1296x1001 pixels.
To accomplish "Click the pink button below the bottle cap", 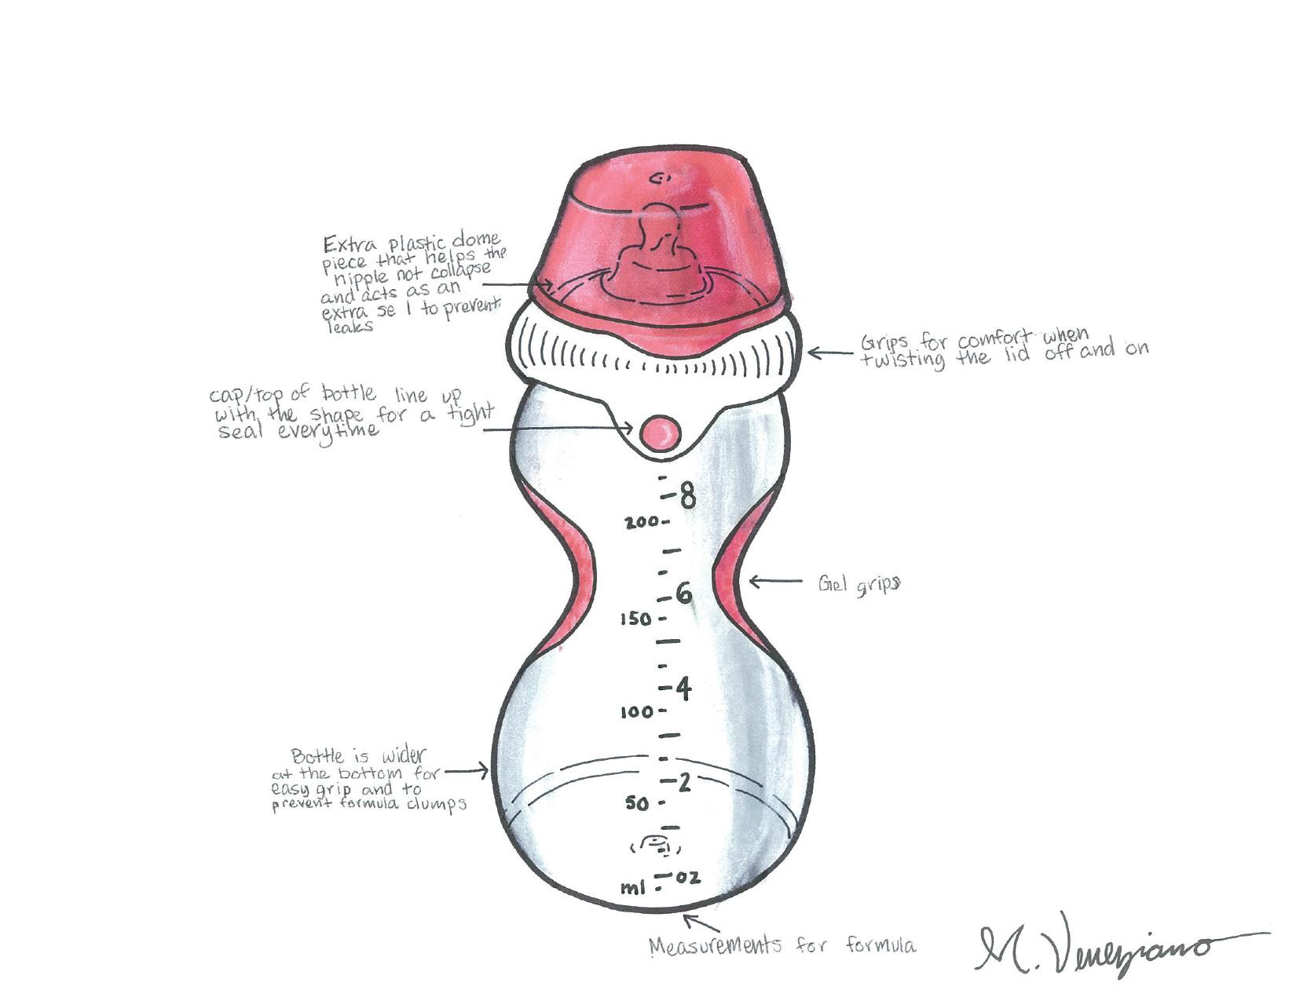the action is pyautogui.click(x=660, y=433).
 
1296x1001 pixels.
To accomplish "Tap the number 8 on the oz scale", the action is pyautogui.click(x=687, y=495).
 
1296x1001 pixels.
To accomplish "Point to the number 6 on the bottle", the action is pyautogui.click(x=685, y=594).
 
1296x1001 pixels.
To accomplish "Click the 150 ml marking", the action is pyautogui.click(x=635, y=619).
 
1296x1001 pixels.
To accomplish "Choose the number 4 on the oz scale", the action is pyautogui.click(x=683, y=689).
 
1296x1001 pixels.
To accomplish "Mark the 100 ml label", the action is pyautogui.click(x=636, y=712).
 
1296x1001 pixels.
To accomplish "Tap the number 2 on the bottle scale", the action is pyautogui.click(x=684, y=782).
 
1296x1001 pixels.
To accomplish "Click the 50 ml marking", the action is pyautogui.click(x=638, y=803).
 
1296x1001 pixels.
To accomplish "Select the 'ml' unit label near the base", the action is pyautogui.click(x=632, y=888).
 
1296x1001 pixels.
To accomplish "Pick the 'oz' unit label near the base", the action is pyautogui.click(x=688, y=878).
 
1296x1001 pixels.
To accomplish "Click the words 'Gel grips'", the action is pyautogui.click(x=859, y=585).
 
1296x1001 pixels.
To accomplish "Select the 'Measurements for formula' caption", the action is pyautogui.click(x=782, y=945).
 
